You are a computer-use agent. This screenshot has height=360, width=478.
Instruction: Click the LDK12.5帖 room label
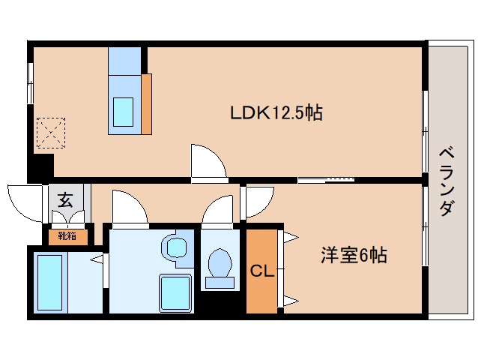coord(276,113)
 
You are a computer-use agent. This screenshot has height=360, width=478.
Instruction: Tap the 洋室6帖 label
coord(354,256)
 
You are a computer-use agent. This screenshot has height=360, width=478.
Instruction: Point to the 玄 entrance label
coord(66,200)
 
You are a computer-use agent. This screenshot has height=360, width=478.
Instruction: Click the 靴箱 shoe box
coord(67,236)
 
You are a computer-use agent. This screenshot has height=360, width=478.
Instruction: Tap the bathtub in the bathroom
coord(49,282)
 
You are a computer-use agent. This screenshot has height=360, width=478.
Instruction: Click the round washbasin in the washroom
coord(176,247)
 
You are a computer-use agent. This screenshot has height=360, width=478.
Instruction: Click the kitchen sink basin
coord(123,110)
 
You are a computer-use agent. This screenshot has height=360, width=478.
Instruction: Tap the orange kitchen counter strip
coord(147,102)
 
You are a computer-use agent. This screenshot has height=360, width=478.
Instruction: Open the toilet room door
coord(220,210)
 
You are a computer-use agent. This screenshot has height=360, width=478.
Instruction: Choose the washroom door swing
coord(130,208)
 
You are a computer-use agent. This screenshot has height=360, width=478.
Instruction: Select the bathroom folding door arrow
coord(97,260)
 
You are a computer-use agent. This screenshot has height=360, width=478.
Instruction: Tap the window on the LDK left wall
coord(31,82)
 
